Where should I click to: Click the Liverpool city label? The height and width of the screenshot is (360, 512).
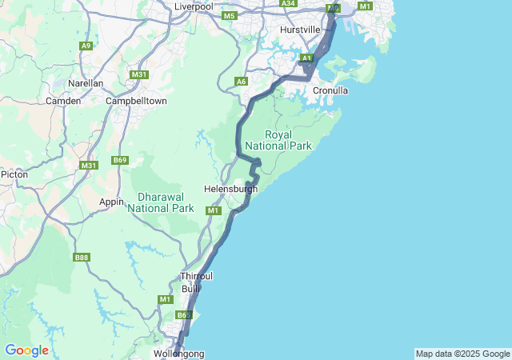[194, 6]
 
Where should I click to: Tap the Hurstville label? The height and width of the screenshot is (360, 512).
[300, 30]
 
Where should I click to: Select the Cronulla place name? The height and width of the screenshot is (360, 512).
[330, 90]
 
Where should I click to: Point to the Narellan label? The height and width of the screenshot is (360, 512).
[86, 82]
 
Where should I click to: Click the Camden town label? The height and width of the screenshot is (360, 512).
[63, 101]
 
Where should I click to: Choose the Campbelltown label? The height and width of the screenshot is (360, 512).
[137, 101]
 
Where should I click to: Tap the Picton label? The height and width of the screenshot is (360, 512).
[14, 174]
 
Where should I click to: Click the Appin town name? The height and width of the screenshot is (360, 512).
[111, 202]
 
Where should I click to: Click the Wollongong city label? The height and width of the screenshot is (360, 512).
[178, 353]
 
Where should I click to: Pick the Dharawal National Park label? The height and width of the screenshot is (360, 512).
[166, 202]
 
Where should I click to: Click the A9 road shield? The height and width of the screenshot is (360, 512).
[86, 46]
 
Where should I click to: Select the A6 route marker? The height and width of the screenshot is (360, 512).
[241, 81]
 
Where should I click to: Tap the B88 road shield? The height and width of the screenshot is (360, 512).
[81, 257]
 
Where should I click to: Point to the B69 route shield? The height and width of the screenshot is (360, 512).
[120, 161]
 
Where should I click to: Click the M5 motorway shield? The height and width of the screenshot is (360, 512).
[230, 16]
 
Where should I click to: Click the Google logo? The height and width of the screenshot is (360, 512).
[26, 350]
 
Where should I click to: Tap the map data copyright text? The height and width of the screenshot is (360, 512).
[462, 354]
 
